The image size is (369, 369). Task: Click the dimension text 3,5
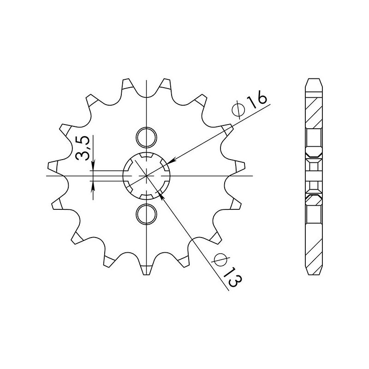[83, 148]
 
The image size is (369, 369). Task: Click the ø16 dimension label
[250, 107]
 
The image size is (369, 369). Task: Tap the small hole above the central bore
[147, 137]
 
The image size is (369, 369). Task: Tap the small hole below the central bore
[147, 214]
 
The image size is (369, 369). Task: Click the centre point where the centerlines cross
[147, 176]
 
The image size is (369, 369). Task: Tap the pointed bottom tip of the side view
[314, 274]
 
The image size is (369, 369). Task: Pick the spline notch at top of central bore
[147, 157]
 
